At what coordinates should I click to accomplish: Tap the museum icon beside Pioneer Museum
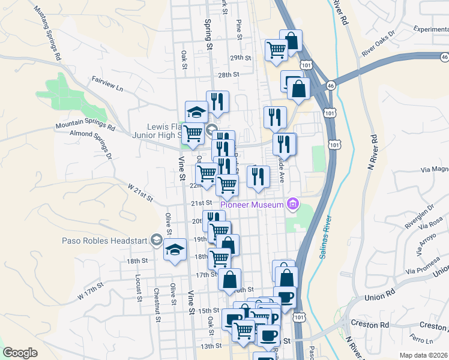coord(292,205)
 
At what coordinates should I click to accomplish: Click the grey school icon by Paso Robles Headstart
coord(157,240)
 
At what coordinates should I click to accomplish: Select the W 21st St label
coord(140,193)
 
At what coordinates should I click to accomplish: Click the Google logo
coord(20,353)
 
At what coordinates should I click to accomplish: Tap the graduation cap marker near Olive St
coord(175,251)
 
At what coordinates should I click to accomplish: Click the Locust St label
coord(138,288)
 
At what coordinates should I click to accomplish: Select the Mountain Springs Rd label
coord(85,125)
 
